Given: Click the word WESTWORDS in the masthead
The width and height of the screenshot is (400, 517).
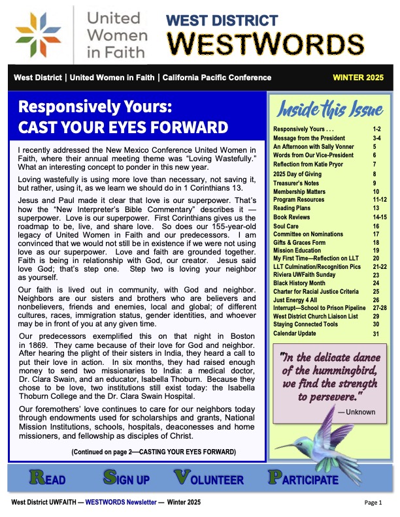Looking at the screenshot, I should [x=261, y=43].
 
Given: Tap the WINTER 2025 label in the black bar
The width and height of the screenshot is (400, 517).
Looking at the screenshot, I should [x=358, y=78].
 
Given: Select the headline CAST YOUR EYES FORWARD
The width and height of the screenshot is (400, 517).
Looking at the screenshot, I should [x=124, y=127].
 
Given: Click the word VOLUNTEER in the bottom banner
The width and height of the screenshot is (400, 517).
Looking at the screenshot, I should [x=209, y=479].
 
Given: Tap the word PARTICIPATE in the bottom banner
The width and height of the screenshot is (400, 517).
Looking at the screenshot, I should [x=304, y=479].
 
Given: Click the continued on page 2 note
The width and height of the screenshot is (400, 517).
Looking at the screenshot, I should [x=154, y=452].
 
